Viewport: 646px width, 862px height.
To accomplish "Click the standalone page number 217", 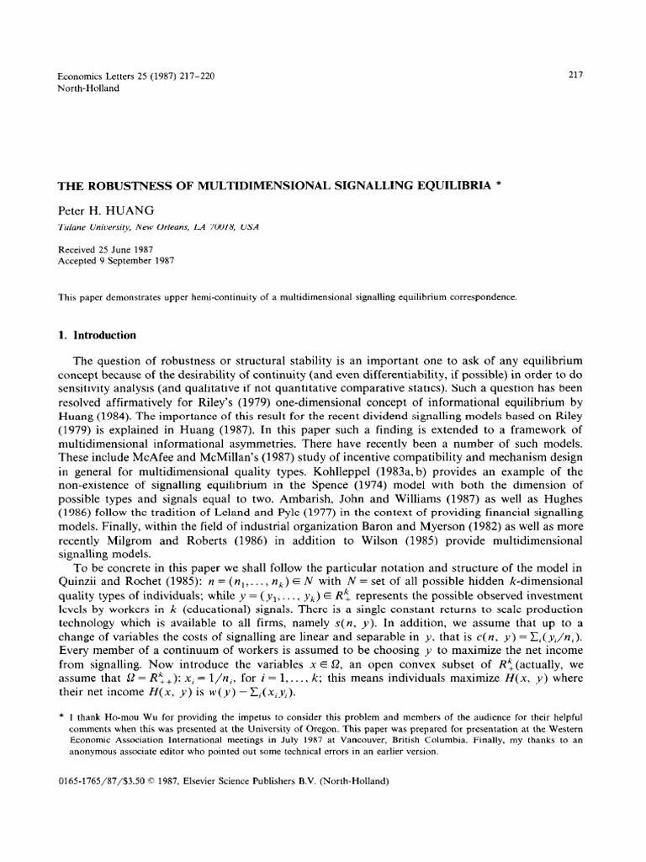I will coord(576,74).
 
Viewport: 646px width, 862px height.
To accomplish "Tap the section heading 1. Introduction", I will coord(96,311).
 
